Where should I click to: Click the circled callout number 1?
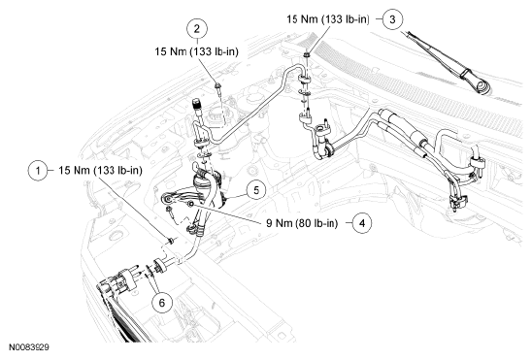[x=38, y=171]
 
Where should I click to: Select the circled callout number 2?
[x=197, y=28]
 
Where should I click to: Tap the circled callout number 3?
[x=392, y=19]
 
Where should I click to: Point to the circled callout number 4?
[x=362, y=223]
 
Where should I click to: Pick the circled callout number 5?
[x=256, y=190]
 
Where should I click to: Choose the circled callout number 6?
[x=162, y=303]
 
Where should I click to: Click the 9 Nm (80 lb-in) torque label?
[x=302, y=223]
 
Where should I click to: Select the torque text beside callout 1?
[x=100, y=170]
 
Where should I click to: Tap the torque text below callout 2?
[x=197, y=51]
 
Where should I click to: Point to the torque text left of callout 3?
[x=328, y=19]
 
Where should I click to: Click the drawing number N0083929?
[x=29, y=347]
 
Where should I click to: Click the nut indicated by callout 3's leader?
[x=308, y=54]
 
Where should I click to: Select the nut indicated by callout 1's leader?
[x=171, y=241]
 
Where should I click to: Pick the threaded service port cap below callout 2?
[x=196, y=104]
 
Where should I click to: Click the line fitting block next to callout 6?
[x=160, y=266]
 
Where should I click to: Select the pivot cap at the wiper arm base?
[x=482, y=86]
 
